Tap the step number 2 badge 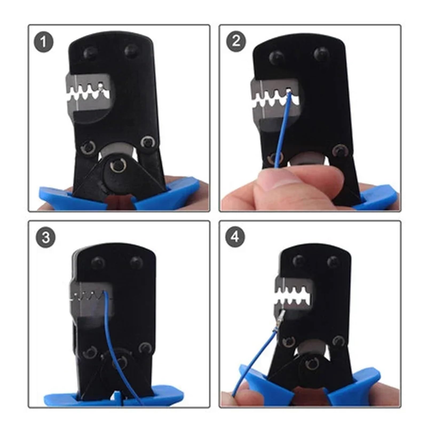[x=236, y=41]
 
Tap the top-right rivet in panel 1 [x=131, y=50]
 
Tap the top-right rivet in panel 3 [x=136, y=262]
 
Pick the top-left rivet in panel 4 [x=299, y=261]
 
